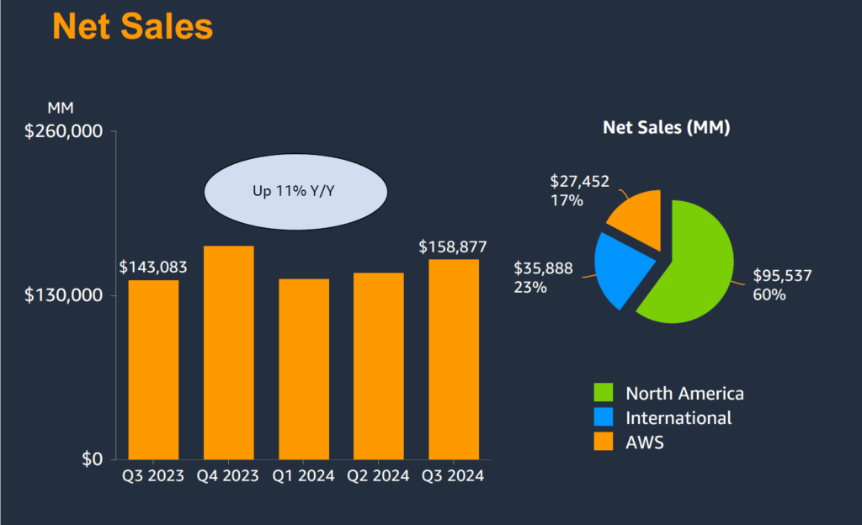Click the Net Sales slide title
pos(133,26)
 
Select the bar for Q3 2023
pos(153,369)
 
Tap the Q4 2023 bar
pos(228,353)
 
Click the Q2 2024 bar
pos(379,366)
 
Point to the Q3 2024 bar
pos(454,359)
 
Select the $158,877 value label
pos(453,247)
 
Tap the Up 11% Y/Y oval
pos(295,192)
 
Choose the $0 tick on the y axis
pos(92,459)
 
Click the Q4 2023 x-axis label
pos(228,476)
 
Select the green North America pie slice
pos(690,261)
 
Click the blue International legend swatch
pos(604,417)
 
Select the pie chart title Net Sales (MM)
pos(666,128)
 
